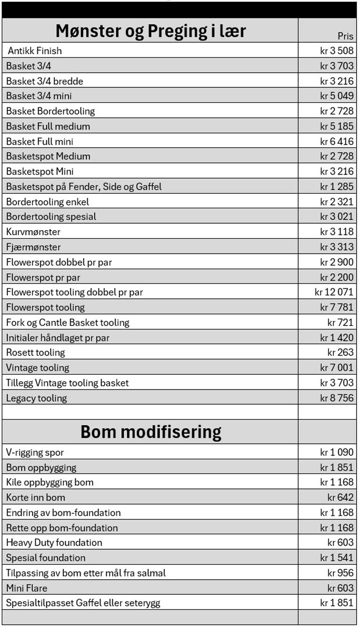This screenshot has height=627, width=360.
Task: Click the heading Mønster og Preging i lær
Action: (x=150, y=31)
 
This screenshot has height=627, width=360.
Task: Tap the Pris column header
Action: (x=345, y=36)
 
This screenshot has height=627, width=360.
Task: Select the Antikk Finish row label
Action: (x=35, y=51)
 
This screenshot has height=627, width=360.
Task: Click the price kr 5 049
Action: (x=337, y=96)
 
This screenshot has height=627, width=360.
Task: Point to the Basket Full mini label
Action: (x=40, y=141)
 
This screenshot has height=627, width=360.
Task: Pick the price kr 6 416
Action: (x=337, y=141)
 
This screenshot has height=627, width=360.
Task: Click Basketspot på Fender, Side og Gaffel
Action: (x=84, y=186)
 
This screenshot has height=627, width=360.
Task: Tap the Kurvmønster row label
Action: (x=33, y=232)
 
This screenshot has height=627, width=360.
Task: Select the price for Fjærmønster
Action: (x=337, y=247)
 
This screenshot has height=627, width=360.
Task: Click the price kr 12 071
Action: (x=334, y=292)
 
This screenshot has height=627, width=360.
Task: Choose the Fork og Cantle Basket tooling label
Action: (x=67, y=322)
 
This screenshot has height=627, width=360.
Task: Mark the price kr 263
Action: (x=340, y=352)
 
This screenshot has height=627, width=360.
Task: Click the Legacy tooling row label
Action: (x=36, y=398)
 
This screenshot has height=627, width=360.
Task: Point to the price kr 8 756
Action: (x=337, y=398)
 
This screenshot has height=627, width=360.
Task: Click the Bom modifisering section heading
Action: (x=151, y=432)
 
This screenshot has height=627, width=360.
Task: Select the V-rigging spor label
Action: (x=35, y=452)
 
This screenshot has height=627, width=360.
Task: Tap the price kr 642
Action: (x=340, y=497)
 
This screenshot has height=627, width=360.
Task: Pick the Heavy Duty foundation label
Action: (x=54, y=542)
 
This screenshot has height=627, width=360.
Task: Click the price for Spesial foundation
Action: (x=337, y=558)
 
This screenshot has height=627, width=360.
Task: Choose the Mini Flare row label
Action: (x=27, y=588)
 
